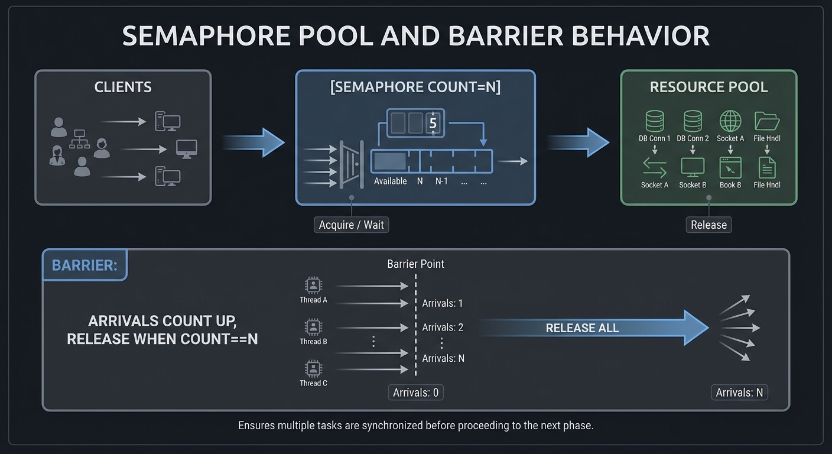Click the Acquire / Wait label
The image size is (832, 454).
(x=351, y=225)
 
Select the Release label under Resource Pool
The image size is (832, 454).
(x=708, y=225)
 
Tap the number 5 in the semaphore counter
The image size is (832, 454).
(x=433, y=124)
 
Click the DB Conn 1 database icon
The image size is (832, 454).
(x=655, y=121)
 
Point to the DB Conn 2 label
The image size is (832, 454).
(x=693, y=138)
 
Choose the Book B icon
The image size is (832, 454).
(x=730, y=168)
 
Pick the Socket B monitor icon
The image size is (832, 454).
(x=693, y=168)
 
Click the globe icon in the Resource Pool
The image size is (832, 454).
(x=730, y=121)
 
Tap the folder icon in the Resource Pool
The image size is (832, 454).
(x=767, y=121)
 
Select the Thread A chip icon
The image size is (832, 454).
(x=313, y=285)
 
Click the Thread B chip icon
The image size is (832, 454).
(x=313, y=326)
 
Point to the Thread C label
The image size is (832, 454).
(x=313, y=383)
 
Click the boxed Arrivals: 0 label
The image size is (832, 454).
(x=415, y=393)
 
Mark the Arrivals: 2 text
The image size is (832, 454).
(x=443, y=327)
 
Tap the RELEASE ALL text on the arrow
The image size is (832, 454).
(x=582, y=328)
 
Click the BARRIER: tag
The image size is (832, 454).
(x=84, y=265)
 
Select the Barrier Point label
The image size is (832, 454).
(x=415, y=264)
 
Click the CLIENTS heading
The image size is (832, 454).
(x=123, y=87)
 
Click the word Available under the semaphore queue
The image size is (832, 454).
(x=390, y=181)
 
